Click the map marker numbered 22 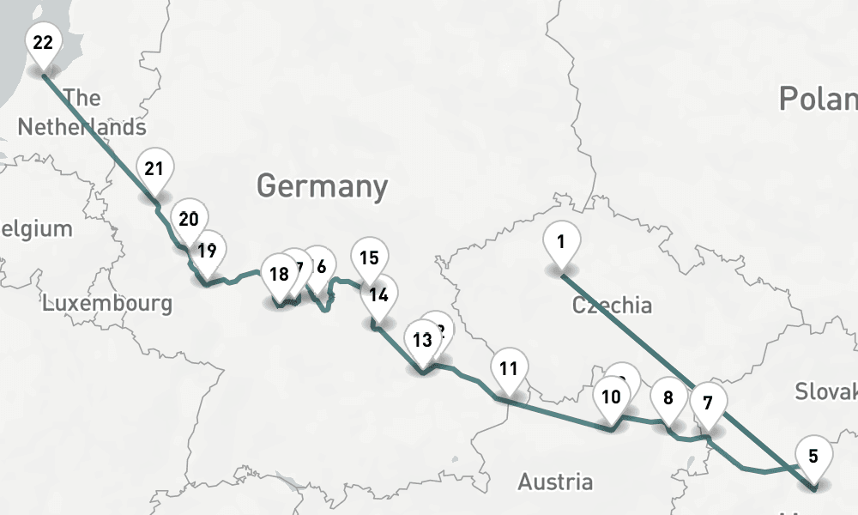[x=43, y=43]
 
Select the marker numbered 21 [x=154, y=169]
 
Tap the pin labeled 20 [x=189, y=219]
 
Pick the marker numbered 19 [x=206, y=251]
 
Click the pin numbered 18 [x=279, y=276]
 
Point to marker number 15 [x=369, y=258]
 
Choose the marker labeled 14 [x=378, y=295]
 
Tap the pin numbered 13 [x=421, y=340]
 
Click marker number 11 [x=509, y=370]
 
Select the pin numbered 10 [x=611, y=397]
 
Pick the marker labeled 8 [x=668, y=397]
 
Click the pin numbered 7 [x=708, y=403]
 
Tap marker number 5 [x=813, y=457]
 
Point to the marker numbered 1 [x=560, y=242]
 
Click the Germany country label [x=322, y=186]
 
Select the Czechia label [x=612, y=305]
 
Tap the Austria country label [x=554, y=482]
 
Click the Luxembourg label [x=107, y=303]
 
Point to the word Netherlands [x=82, y=127]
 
